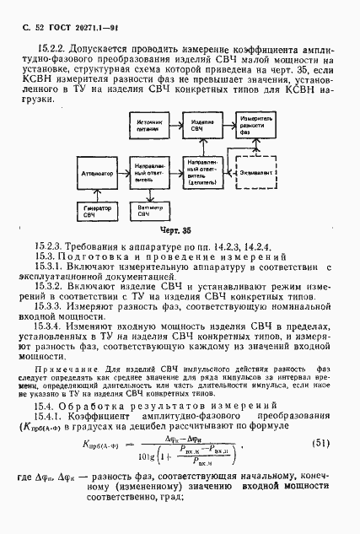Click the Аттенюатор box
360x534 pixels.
coord(98,172)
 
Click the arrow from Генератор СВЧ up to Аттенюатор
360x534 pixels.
coord(98,193)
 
